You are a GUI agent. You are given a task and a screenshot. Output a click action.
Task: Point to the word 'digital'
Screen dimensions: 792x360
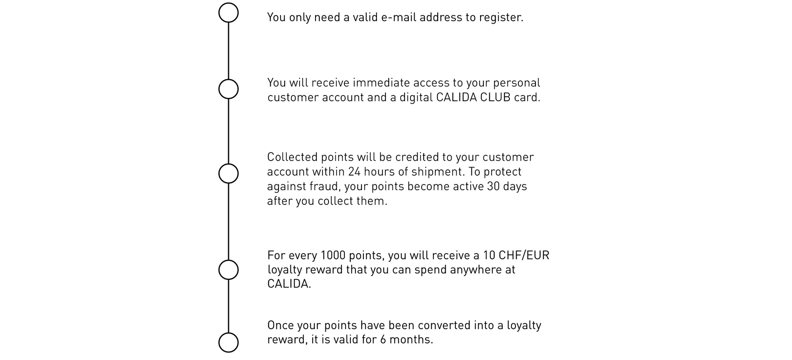click(x=416, y=98)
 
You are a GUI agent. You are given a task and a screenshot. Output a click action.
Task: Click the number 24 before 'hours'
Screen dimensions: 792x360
click(x=354, y=172)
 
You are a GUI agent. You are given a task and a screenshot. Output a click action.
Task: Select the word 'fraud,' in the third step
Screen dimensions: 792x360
click(x=326, y=186)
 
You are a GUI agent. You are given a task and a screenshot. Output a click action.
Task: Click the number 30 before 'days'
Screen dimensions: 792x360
click(x=493, y=186)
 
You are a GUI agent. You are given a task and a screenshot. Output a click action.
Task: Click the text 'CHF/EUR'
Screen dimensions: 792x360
click(x=524, y=256)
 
